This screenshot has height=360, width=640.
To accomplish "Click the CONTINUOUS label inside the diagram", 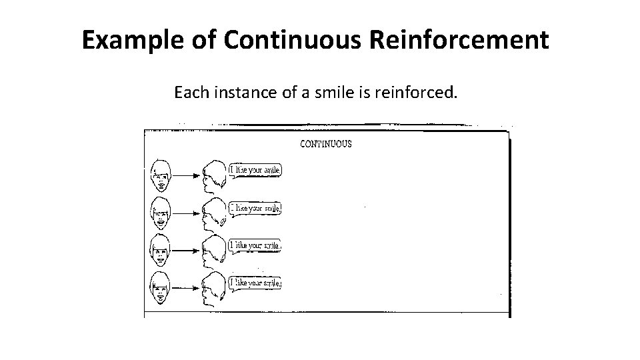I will tap(326, 144).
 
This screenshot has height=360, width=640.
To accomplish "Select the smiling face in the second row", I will tap(159, 213).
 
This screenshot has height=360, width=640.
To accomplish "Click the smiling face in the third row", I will tap(159, 250).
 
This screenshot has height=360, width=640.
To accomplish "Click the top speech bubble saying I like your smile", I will tap(255, 170).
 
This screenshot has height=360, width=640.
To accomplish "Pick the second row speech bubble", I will tap(255, 208).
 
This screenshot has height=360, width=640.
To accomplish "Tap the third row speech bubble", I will tap(255, 245).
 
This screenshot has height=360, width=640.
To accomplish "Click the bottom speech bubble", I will tap(255, 283).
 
